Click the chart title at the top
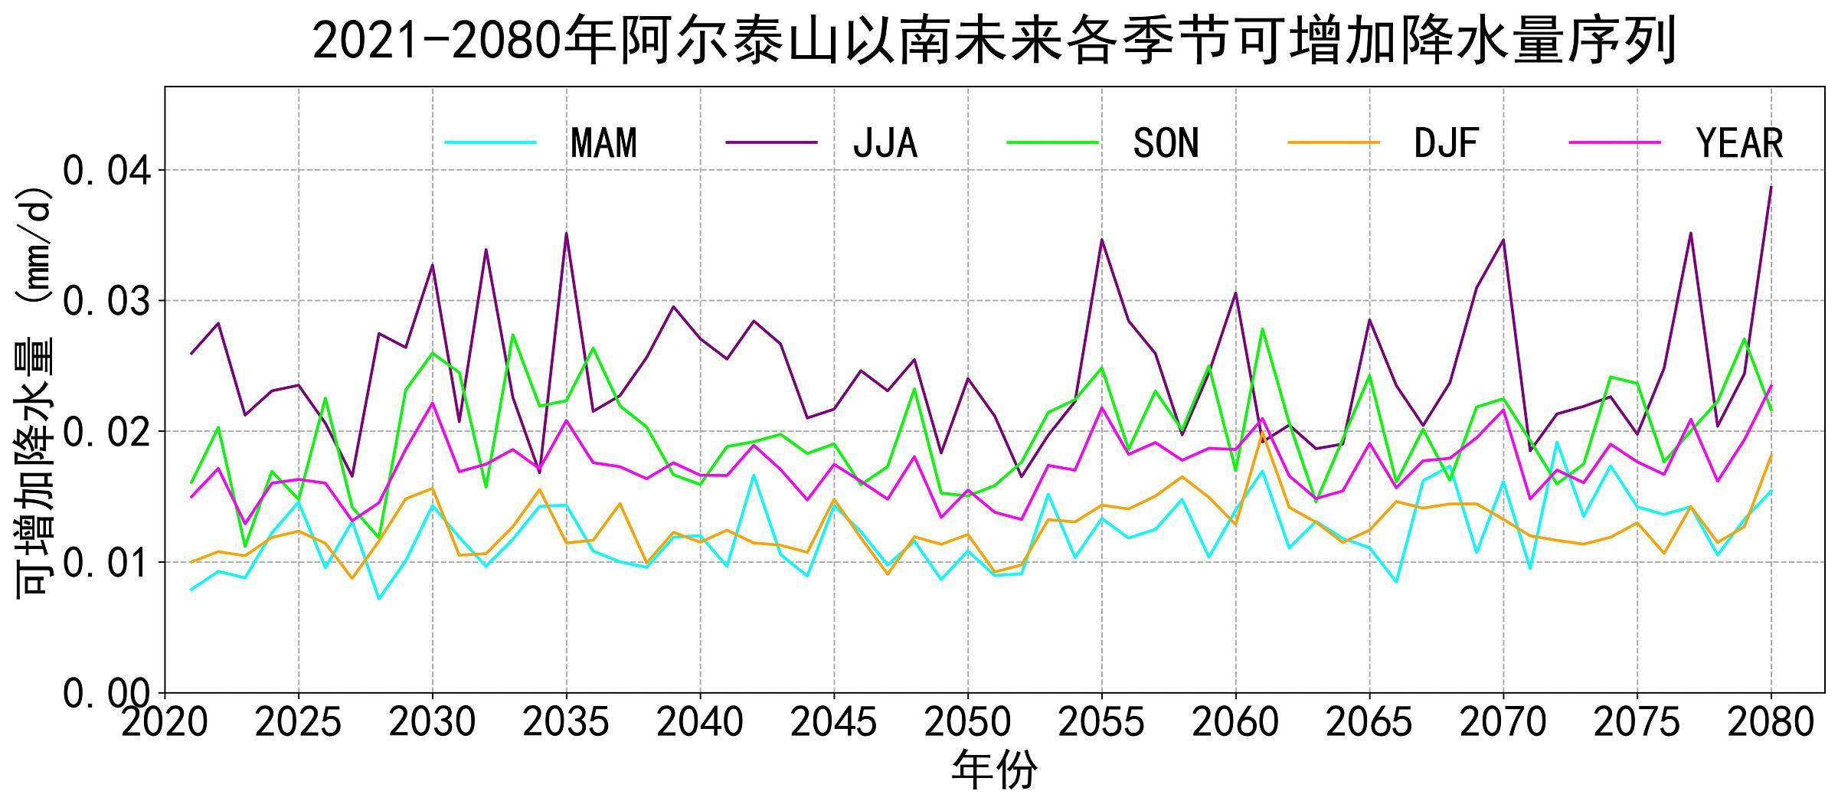(x=994, y=40)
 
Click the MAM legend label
(x=603, y=143)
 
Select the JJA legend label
(x=885, y=143)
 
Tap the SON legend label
(x=1166, y=143)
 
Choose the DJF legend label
(x=1446, y=143)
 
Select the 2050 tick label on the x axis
(x=968, y=722)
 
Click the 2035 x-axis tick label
(x=566, y=722)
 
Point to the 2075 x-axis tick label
(x=1637, y=722)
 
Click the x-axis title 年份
(x=994, y=770)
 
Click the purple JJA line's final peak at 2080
(x=1771, y=187)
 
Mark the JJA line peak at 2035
(x=566, y=233)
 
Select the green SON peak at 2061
(x=1262, y=329)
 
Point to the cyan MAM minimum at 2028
(x=379, y=599)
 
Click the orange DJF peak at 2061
(x=1262, y=432)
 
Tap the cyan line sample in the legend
(x=490, y=142)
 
